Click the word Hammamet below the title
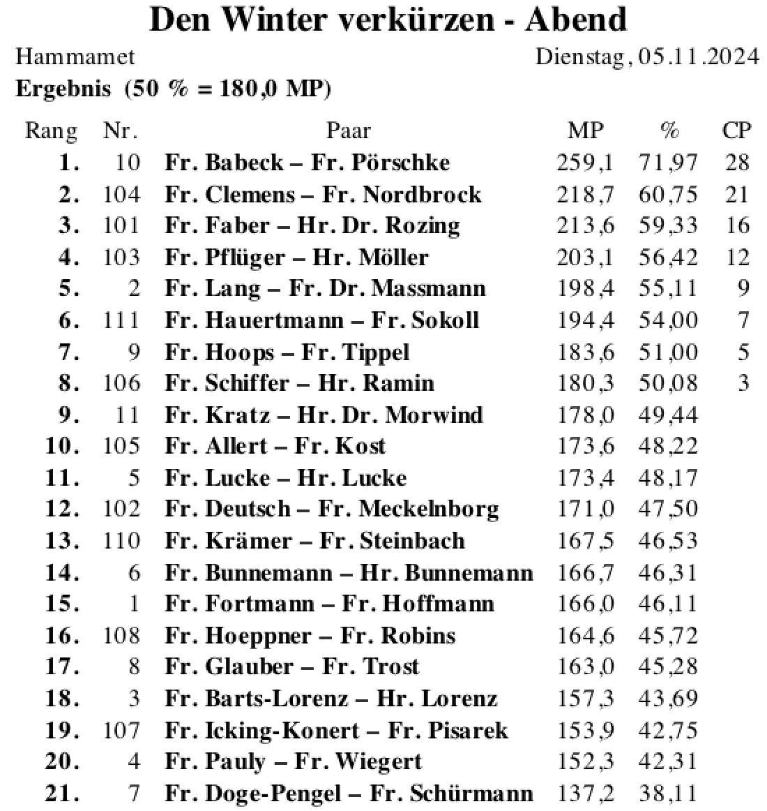[75, 57]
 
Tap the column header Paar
[349, 131]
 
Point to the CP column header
[736, 131]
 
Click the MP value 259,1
[585, 163]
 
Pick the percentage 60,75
[668, 194]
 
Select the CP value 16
[736, 225]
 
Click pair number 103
[121, 257]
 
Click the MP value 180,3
[585, 383]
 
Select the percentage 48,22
[668, 446]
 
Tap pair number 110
[121, 541]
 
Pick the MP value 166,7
[585, 572]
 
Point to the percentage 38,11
[668, 793]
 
